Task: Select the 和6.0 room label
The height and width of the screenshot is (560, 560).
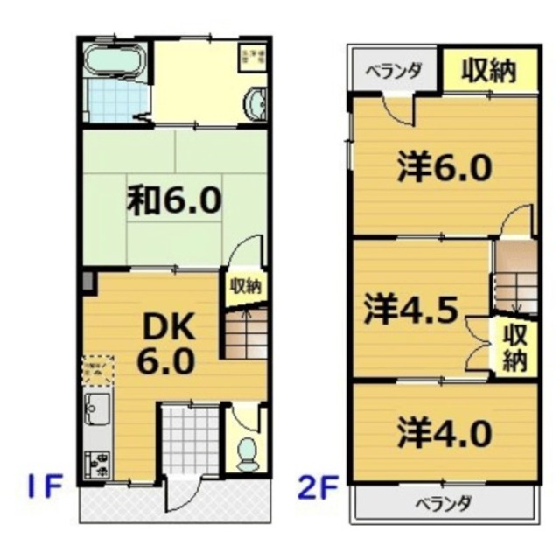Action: [x=174, y=201]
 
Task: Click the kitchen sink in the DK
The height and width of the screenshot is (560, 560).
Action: [x=95, y=410]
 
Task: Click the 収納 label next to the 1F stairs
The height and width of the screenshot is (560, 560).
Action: [x=246, y=286]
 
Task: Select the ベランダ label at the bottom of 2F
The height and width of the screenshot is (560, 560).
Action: [x=444, y=505]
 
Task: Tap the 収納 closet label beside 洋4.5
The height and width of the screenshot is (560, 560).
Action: [x=515, y=346]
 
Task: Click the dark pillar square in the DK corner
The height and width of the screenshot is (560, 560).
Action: [x=87, y=283]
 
